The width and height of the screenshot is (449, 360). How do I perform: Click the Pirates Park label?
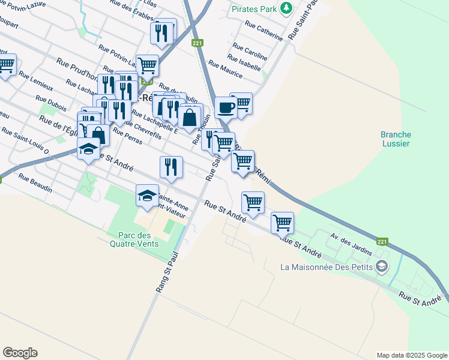tap(256, 9)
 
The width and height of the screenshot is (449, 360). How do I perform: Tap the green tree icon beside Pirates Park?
tap(287, 8)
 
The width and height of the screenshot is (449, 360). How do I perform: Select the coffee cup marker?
tap(226, 107)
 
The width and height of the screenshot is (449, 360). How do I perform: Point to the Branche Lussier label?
tap(395, 139)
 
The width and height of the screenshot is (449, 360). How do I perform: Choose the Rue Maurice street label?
tap(225, 69)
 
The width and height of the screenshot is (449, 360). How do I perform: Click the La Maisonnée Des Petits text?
tap(326, 266)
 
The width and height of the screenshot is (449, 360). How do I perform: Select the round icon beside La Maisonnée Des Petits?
tap(381, 266)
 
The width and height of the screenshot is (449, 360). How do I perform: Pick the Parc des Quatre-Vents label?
tap(134, 239)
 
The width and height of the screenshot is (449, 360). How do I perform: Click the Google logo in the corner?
tap(20, 353)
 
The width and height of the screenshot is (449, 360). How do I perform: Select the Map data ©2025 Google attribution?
tap(412, 355)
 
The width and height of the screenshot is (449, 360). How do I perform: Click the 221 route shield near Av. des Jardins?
tap(382, 242)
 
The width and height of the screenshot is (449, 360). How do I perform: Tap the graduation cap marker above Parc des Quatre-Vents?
tap(147, 196)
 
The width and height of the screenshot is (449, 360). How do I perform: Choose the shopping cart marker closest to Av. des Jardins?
tap(282, 223)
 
